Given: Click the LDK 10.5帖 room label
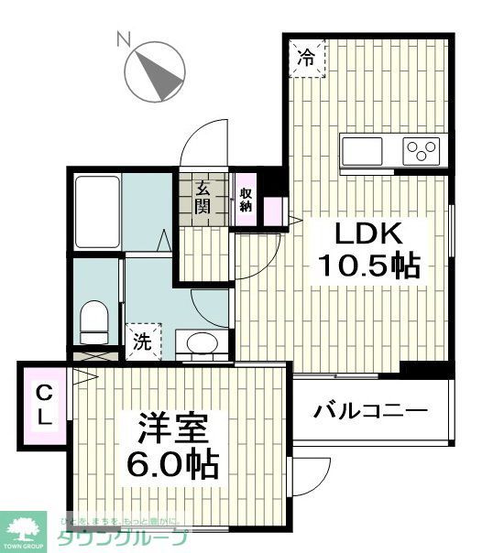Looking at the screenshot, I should pyautogui.click(x=368, y=249).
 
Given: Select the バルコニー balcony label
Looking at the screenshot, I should pyautogui.click(x=370, y=410).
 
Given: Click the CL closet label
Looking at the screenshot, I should pyautogui.click(x=44, y=405).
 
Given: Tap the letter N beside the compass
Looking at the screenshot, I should pyautogui.click(x=122, y=38).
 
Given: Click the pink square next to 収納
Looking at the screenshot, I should pyautogui.click(x=273, y=210).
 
